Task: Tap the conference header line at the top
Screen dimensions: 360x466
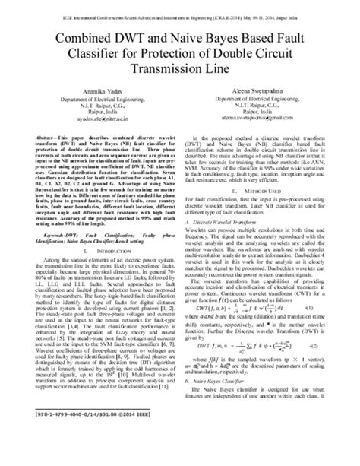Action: [180, 7]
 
